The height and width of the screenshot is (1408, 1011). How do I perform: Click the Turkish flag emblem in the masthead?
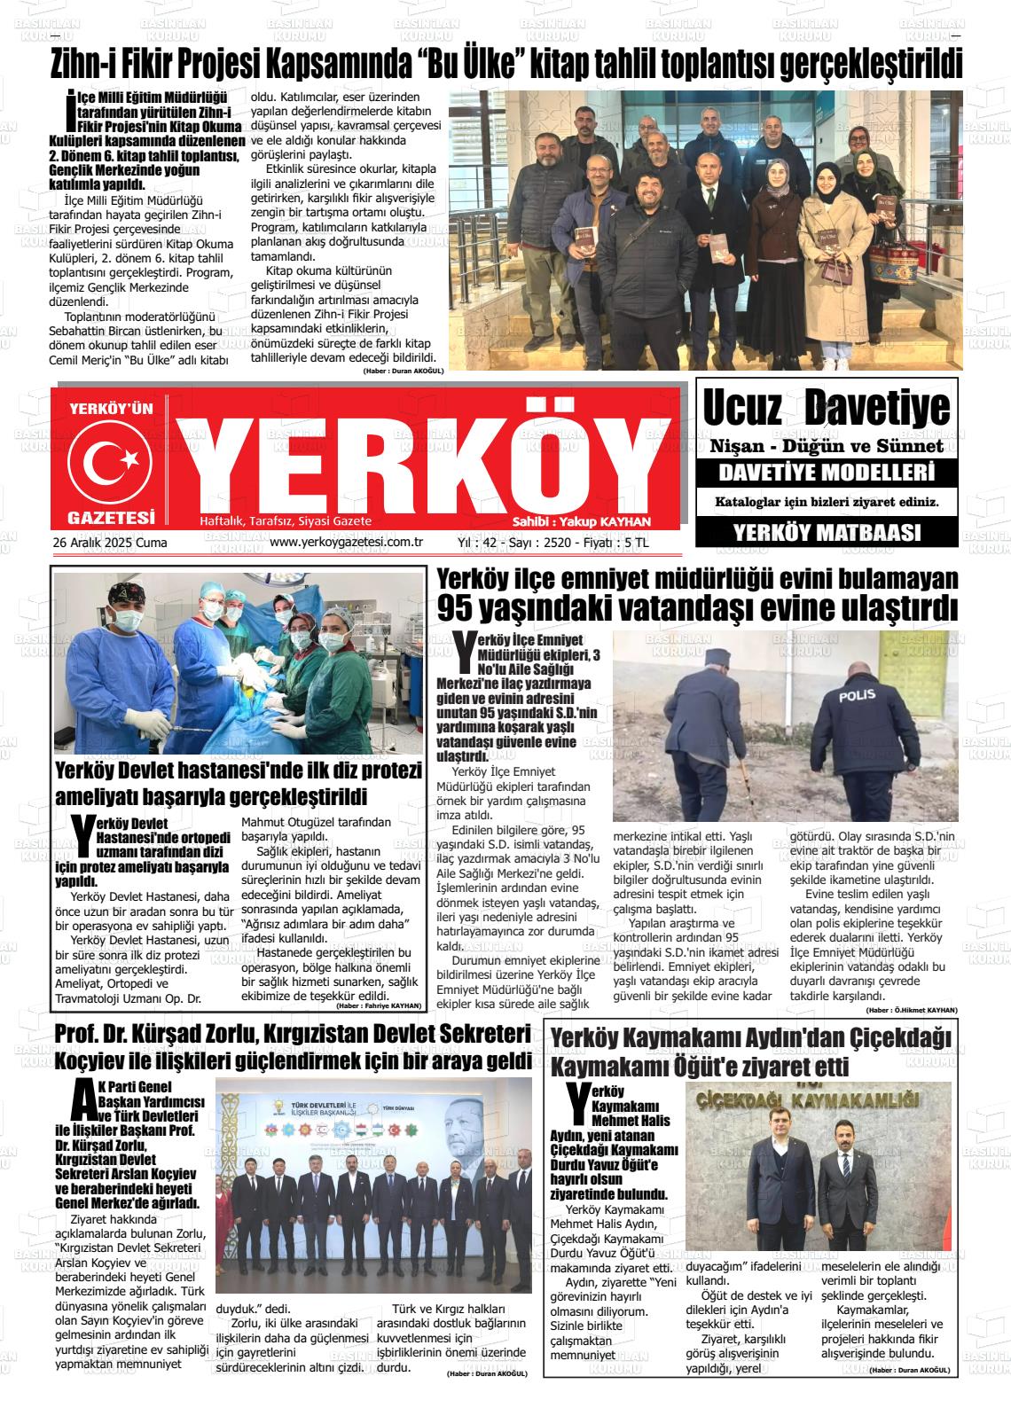(111, 459)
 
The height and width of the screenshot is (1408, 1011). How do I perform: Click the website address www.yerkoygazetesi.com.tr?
(346, 542)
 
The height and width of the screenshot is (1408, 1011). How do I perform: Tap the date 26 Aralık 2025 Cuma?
(110, 542)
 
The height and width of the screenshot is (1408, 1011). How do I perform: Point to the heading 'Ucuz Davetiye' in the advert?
(826, 408)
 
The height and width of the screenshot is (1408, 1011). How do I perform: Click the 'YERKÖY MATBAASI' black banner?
(827, 532)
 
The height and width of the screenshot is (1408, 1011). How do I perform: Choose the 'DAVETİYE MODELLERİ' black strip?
(827, 472)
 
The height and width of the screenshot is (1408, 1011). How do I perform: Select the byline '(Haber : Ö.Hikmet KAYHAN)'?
(911, 1010)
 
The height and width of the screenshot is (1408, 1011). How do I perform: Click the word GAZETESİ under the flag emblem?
(111, 517)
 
